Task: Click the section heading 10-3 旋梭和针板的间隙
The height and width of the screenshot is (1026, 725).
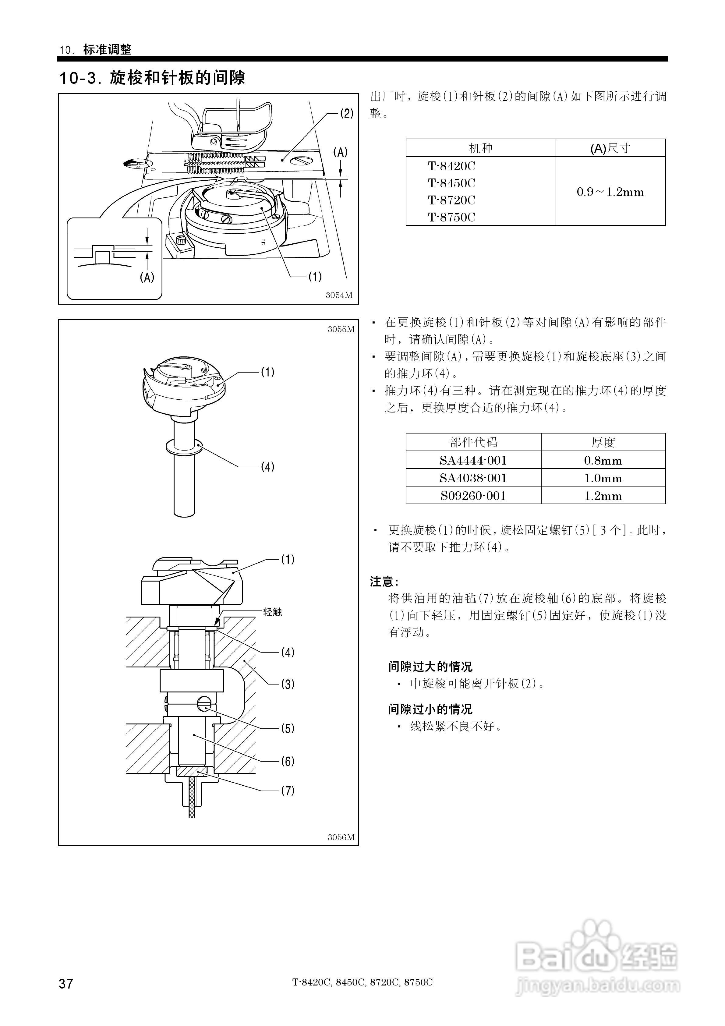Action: (152, 78)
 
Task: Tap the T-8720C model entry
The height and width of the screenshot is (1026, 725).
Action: (451, 200)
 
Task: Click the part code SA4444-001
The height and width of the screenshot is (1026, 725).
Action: (473, 460)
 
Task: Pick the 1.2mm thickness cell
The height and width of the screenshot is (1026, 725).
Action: (603, 496)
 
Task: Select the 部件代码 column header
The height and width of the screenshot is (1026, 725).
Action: (473, 442)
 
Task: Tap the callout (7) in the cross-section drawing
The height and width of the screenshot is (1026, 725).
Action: (287, 791)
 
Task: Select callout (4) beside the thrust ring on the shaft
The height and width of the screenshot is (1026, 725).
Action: (267, 467)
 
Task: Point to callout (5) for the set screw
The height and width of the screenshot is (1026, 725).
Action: (287, 728)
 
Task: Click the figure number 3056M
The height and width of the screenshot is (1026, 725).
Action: (341, 837)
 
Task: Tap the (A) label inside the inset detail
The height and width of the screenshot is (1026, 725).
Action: (147, 278)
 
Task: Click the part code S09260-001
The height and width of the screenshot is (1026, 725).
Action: (473, 496)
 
